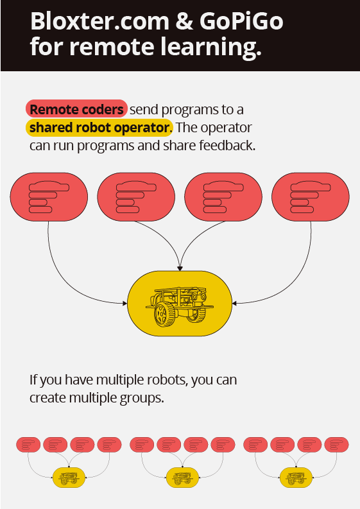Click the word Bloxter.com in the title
click(x=99, y=21)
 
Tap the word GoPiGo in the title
click(x=241, y=21)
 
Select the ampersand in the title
click(x=184, y=21)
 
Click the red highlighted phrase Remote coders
click(x=76, y=108)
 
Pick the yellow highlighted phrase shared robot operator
click(x=99, y=127)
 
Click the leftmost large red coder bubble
click(x=49, y=196)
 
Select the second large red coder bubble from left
click(x=136, y=196)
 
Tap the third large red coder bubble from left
click(x=223, y=196)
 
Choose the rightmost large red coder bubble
click(x=311, y=196)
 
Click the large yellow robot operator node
click(x=180, y=304)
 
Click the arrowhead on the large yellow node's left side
click(x=124, y=304)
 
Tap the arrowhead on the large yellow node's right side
click(x=235, y=304)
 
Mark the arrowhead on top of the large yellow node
click(x=180, y=268)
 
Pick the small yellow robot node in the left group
click(x=69, y=478)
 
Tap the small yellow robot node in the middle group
click(x=182, y=478)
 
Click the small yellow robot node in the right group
click(x=296, y=478)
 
